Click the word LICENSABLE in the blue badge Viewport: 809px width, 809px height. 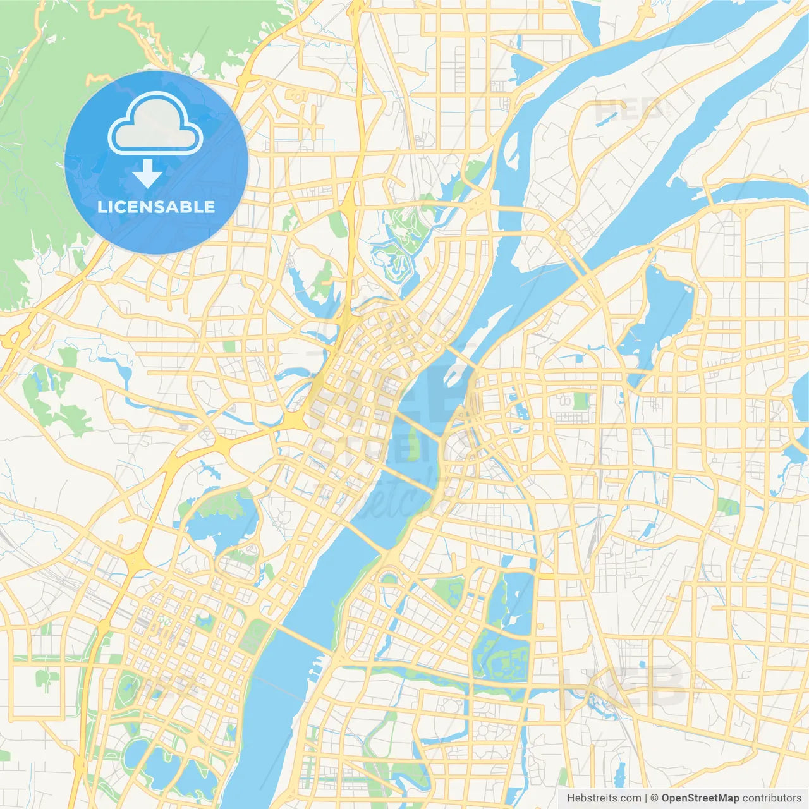(156, 207)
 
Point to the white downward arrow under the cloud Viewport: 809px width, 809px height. (147, 173)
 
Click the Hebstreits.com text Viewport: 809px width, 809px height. (604, 798)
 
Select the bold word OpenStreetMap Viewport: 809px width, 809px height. (700, 798)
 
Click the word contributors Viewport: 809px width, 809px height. (772, 798)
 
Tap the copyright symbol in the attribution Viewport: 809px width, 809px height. (655, 798)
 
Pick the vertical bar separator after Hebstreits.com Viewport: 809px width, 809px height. (646, 798)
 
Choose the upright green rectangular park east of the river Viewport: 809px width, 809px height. (580, 401)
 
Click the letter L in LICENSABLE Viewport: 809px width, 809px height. (102, 207)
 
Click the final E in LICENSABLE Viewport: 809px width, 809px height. (209, 207)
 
